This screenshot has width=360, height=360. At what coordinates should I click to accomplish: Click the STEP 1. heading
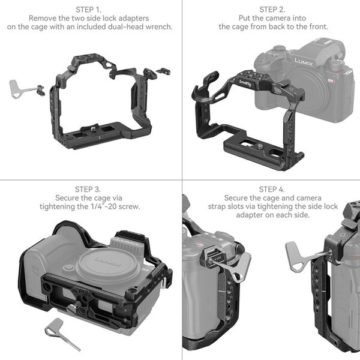pyautogui.click(x=89, y=10)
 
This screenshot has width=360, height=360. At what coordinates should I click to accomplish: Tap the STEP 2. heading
pyautogui.click(x=272, y=10)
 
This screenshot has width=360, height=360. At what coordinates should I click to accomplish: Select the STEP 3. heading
pyautogui.click(x=89, y=189)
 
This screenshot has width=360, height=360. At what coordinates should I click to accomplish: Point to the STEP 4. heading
pyautogui.click(x=272, y=189)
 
